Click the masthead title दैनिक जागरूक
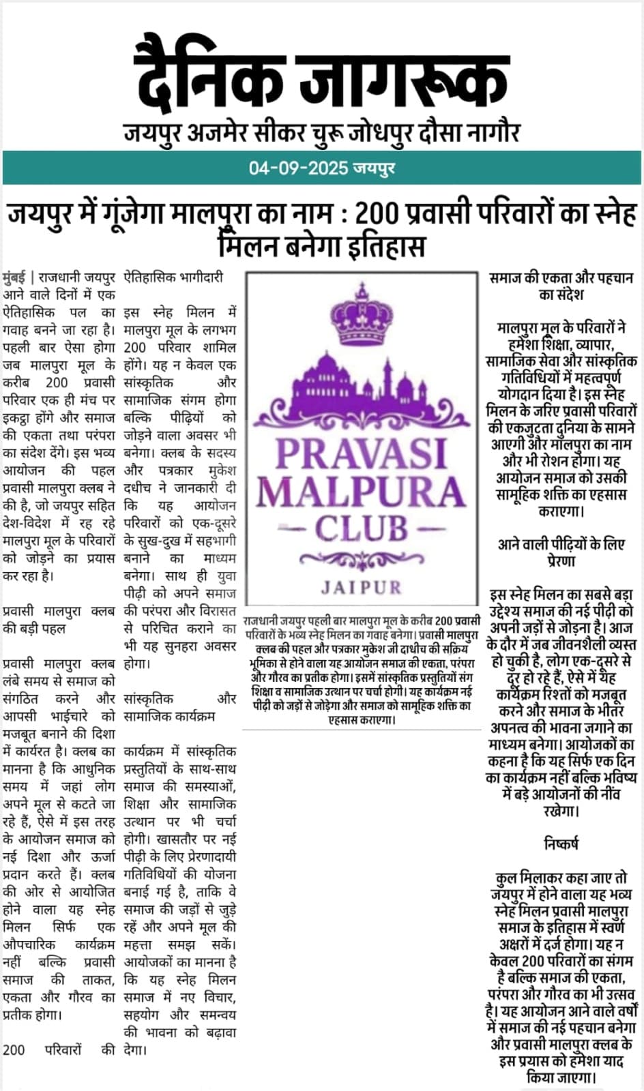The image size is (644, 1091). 323,75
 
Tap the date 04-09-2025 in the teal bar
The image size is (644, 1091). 298,168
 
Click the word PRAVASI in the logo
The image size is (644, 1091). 361,452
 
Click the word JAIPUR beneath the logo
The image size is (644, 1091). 361,586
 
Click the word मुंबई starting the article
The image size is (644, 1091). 14,278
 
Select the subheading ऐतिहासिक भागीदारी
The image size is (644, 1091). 173,278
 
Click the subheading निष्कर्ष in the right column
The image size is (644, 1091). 561,844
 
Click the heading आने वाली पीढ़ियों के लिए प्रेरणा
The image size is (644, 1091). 561,552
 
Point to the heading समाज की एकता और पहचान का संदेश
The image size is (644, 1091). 561,286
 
